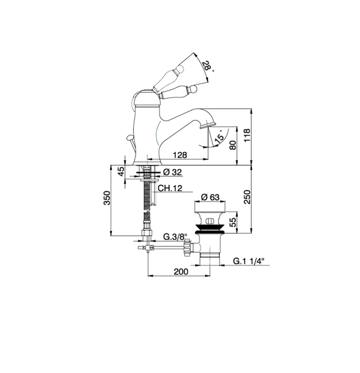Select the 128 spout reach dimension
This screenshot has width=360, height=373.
pos(180,155)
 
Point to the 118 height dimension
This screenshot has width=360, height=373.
pos(247,135)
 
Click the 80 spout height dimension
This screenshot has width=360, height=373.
pos(233,145)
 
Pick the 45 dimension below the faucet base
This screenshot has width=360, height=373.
pos(121,171)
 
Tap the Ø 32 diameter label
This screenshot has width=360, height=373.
pos(173,172)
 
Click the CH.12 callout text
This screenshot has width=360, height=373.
pos(170,188)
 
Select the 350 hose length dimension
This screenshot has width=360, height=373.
pos(107,198)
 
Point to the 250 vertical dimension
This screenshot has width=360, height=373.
pos(247,197)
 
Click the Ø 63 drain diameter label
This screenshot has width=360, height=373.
pos(210,197)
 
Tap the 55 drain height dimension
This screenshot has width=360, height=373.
pos(234,222)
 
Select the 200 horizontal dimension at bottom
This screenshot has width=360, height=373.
pos(181,271)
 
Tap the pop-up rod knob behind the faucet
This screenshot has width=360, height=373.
pos(130,138)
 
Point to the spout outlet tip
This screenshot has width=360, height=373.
pos(209,125)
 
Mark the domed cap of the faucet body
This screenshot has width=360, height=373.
pos(145,97)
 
